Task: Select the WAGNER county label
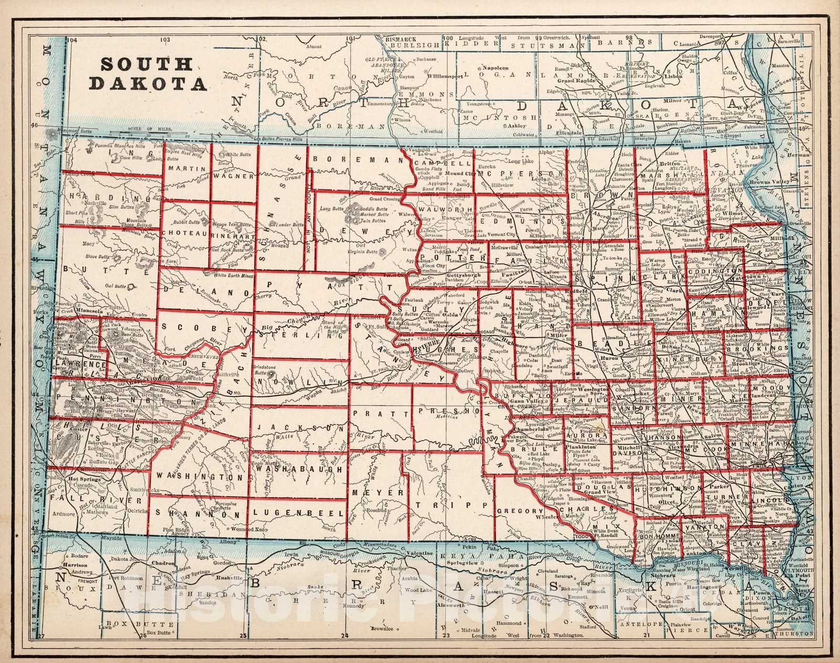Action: [234, 177]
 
